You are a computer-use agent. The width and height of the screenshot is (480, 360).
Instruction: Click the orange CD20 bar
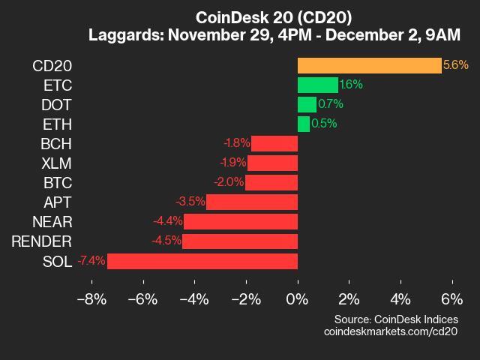pyautogui.click(x=369, y=65)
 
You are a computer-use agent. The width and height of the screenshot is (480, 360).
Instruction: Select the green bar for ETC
pyautogui.click(x=317, y=85)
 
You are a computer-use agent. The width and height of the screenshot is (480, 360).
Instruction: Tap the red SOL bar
pyautogui.click(x=202, y=261)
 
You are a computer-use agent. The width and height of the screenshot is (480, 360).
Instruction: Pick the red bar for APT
pyautogui.click(x=252, y=202)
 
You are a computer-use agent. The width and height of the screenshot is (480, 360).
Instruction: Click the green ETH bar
pyautogui.click(x=303, y=124)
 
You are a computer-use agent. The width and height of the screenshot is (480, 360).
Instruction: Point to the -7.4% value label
pyautogui.click(x=91, y=261)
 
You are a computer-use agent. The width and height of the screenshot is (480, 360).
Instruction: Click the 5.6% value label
pyautogui.click(x=456, y=65)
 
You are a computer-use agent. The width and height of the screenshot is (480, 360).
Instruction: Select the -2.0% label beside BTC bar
pyautogui.click(x=229, y=182)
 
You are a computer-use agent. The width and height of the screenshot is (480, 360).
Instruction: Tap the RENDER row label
pyautogui.click(x=42, y=241)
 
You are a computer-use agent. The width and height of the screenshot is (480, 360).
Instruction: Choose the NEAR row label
pyautogui.click(x=52, y=222)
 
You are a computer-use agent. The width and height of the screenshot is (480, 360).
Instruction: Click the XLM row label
pyautogui.click(x=57, y=163)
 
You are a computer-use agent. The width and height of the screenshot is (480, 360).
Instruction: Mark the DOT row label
pyautogui.click(x=58, y=104)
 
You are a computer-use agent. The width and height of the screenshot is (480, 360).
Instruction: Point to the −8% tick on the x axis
pyautogui.click(x=91, y=298)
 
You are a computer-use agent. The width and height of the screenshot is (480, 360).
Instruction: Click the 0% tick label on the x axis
pyautogui.click(x=298, y=298)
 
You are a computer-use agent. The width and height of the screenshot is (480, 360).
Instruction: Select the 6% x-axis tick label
pyautogui.click(x=452, y=298)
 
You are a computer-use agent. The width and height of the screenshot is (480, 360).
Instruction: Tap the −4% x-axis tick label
pyautogui.click(x=194, y=298)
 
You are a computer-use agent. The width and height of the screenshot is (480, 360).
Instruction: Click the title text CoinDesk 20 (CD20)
pyautogui.click(x=274, y=17)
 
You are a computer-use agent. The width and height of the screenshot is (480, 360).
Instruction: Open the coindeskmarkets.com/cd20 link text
pyautogui.click(x=390, y=331)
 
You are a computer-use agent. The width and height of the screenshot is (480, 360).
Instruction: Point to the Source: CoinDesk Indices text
pyautogui.click(x=396, y=319)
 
